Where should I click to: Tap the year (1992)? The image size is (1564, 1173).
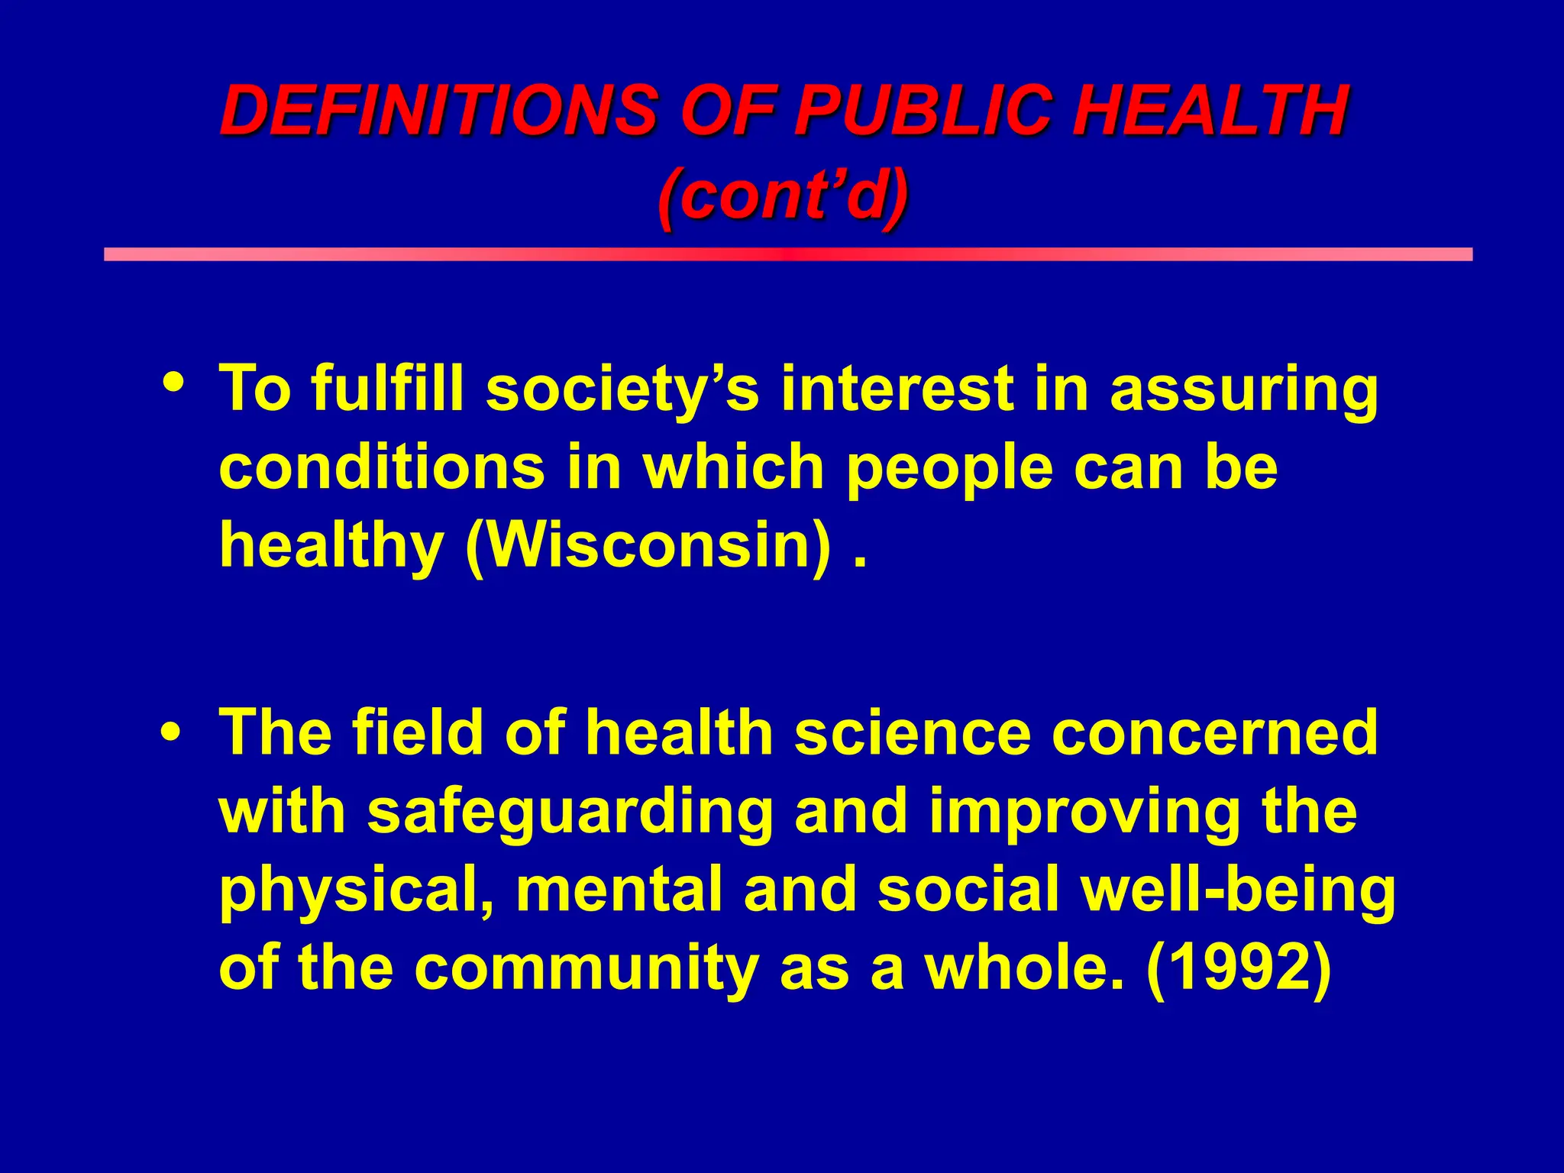[1239, 968]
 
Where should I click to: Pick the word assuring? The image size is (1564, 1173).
[1243, 389]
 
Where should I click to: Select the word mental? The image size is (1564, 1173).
[619, 889]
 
